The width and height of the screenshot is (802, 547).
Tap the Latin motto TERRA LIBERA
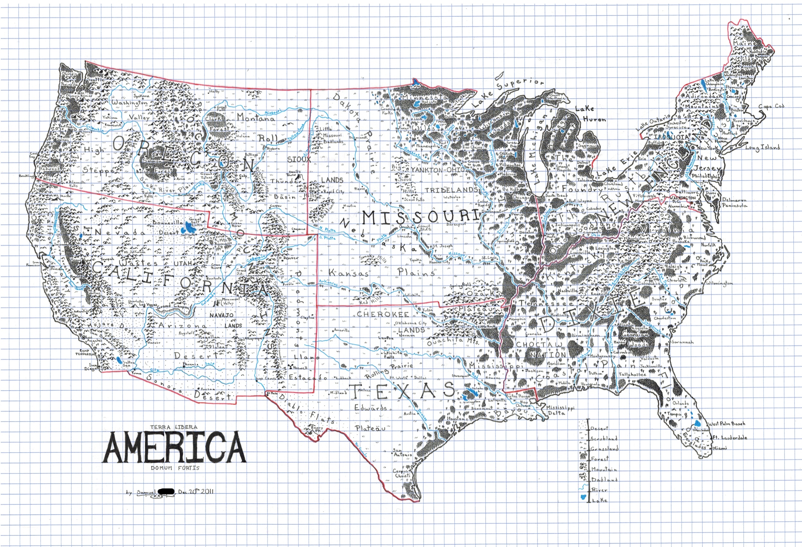(x=174, y=427)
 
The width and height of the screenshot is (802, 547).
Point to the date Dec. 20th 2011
(x=196, y=492)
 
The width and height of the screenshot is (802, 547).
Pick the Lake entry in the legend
(x=599, y=500)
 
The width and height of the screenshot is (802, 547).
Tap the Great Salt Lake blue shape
(x=188, y=228)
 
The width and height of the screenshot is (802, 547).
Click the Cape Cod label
(x=771, y=106)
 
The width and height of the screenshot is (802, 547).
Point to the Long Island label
(x=762, y=147)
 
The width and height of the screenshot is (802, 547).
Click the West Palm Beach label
(x=727, y=424)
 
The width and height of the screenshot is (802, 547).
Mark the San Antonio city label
(x=402, y=453)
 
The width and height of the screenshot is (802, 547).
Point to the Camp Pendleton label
(x=85, y=352)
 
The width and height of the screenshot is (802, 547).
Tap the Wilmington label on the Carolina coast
(x=719, y=283)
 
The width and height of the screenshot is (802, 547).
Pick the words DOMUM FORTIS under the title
(x=175, y=468)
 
